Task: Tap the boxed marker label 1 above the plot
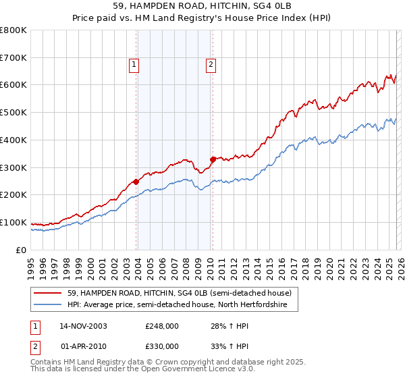(134, 65)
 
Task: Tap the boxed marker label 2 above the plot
(211, 65)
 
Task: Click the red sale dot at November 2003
(136, 181)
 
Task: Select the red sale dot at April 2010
(213, 159)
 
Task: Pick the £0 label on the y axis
(22, 250)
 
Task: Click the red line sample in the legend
(48, 294)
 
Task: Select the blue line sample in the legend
(48, 305)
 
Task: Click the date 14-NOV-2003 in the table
(83, 326)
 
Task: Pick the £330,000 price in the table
(162, 346)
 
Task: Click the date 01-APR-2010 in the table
(83, 346)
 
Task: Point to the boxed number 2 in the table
(36, 346)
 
